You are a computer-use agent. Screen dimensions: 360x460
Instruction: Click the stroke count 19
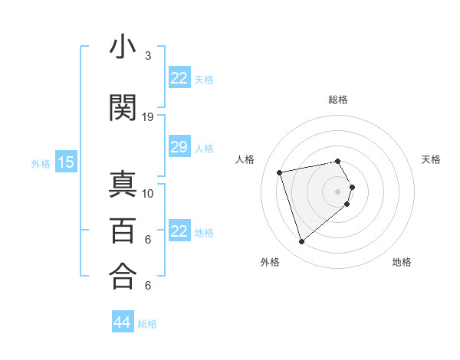click(x=148, y=116)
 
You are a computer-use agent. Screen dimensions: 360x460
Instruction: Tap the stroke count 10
click(x=148, y=193)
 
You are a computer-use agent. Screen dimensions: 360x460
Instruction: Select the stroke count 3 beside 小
click(x=148, y=56)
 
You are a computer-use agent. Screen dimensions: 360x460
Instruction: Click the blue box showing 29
click(x=179, y=147)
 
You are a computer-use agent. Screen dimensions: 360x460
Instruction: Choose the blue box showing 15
click(x=65, y=162)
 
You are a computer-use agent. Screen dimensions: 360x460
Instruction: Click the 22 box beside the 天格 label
click(x=179, y=78)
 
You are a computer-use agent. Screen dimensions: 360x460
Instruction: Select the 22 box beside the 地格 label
click(x=179, y=231)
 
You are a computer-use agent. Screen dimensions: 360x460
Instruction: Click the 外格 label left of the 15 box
click(x=41, y=163)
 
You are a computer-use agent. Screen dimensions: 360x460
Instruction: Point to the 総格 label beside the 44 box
click(x=147, y=324)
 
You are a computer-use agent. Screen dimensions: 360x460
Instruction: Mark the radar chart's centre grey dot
click(x=337, y=191)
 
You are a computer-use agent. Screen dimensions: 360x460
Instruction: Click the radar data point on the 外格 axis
click(x=302, y=241)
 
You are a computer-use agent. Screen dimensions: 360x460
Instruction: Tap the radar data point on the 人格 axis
click(x=280, y=172)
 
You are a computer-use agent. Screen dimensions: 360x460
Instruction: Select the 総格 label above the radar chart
click(x=337, y=100)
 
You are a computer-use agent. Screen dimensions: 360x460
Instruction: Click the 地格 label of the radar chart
click(x=402, y=262)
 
